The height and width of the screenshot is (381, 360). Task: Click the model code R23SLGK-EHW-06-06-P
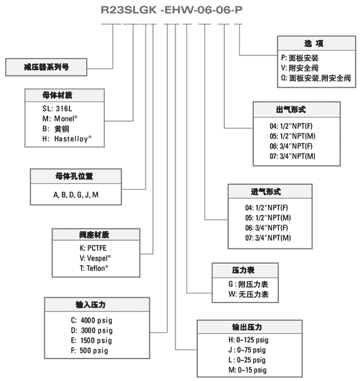[172, 10]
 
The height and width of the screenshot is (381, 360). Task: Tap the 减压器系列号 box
[46, 67]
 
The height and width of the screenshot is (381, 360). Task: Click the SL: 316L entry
[57, 108]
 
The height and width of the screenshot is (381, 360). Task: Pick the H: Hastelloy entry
[67, 138]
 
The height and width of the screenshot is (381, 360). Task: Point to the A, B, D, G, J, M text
[76, 194]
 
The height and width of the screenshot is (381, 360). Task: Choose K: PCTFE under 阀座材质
[93, 248]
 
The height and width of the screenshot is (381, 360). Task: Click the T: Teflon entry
[94, 268]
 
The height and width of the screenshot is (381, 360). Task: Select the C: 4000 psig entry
[91, 321]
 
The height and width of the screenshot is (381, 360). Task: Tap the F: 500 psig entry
[89, 350]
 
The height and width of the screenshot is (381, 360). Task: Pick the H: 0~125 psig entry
[249, 340]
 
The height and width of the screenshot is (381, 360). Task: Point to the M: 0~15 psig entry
[248, 370]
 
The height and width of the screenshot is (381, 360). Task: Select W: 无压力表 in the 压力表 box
[248, 294]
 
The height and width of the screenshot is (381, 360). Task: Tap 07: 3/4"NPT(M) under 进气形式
[268, 237]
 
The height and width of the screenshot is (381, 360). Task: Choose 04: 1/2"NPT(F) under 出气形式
[291, 126]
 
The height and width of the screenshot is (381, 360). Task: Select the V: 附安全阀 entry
[300, 68]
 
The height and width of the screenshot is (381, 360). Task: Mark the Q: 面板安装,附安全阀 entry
[316, 78]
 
